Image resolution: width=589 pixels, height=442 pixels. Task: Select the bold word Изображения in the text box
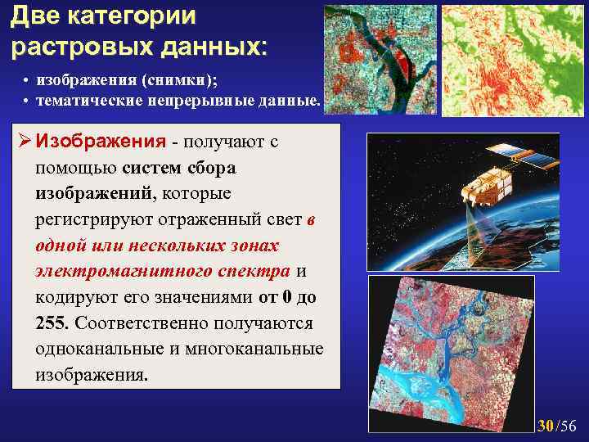101,141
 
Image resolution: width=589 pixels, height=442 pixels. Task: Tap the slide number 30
546,425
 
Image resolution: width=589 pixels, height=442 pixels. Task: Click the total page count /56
566,425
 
